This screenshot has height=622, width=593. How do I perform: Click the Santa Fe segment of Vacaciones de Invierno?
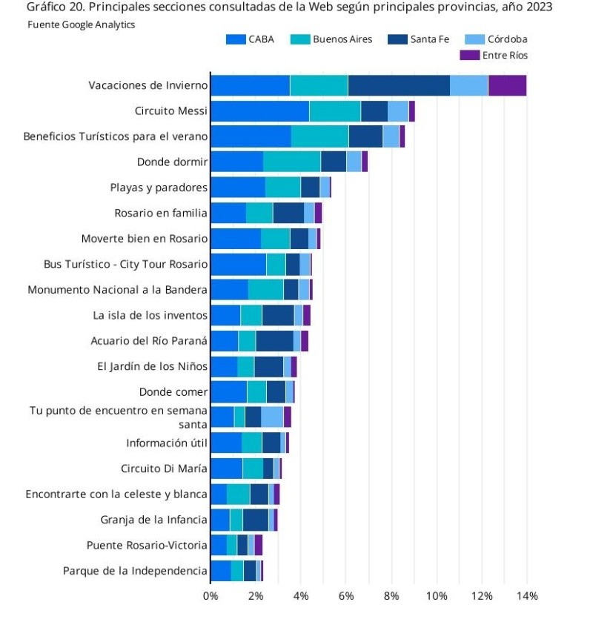coord(398,86)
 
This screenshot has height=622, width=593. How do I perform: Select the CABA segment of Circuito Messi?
coord(259,111)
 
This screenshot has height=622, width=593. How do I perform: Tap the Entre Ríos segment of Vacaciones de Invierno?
coord(507,86)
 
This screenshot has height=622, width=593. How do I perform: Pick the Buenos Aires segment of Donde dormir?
coord(291,162)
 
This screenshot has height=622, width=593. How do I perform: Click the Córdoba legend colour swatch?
coord(474,39)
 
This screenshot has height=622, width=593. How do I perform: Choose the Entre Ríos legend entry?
coord(505,55)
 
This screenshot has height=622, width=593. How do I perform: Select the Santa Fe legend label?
coord(430,39)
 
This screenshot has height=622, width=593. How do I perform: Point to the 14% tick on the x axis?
coord(527,596)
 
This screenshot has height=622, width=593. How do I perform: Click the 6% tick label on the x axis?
coord(346,596)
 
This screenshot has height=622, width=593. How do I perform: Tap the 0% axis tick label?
coord(211,596)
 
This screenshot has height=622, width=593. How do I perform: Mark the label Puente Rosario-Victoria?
coord(147,545)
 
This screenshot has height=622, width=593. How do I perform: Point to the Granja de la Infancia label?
coord(154,520)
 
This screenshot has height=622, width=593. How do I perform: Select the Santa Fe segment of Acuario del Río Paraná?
coord(274,341)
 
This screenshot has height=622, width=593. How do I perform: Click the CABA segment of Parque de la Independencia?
coord(220,571)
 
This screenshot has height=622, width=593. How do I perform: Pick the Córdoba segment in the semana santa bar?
coord(272,417)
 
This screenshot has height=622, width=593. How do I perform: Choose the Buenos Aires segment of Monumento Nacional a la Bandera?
coord(265,289)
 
